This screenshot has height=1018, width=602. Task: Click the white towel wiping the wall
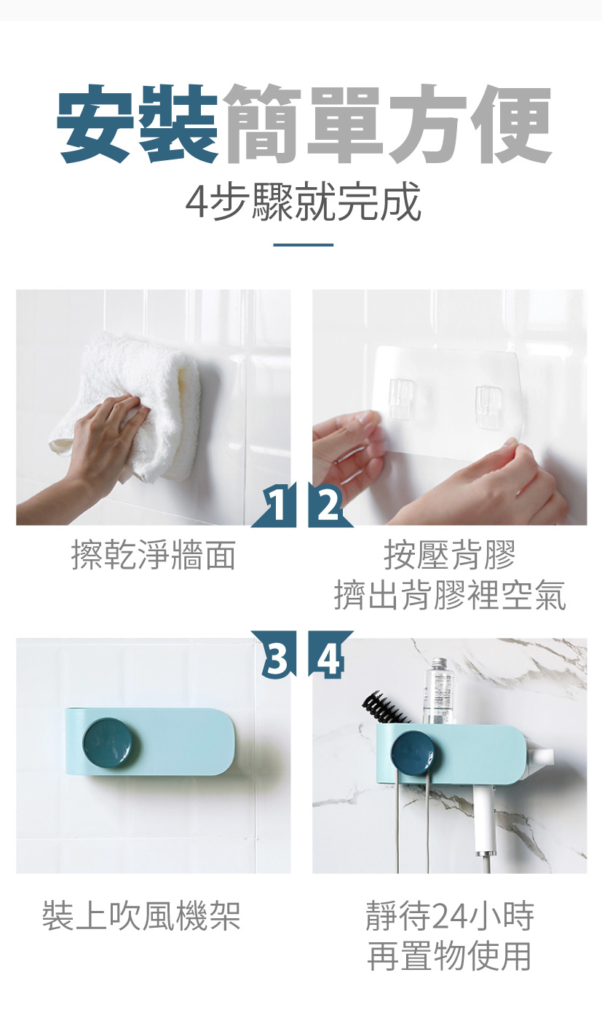click(136, 404)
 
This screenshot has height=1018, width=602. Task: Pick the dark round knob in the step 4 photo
click(413, 753)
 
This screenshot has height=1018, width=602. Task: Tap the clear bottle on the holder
click(438, 691)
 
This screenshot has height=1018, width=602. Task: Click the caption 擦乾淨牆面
click(154, 555)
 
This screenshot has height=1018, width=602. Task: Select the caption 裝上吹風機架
click(141, 916)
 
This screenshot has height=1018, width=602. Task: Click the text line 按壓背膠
click(450, 554)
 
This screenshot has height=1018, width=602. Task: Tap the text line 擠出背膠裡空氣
click(450, 595)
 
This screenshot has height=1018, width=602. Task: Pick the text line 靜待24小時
click(450, 916)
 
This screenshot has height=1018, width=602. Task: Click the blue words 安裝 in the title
click(137, 124)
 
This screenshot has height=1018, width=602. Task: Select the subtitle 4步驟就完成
click(303, 202)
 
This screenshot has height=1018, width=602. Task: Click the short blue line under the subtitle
click(303, 245)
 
